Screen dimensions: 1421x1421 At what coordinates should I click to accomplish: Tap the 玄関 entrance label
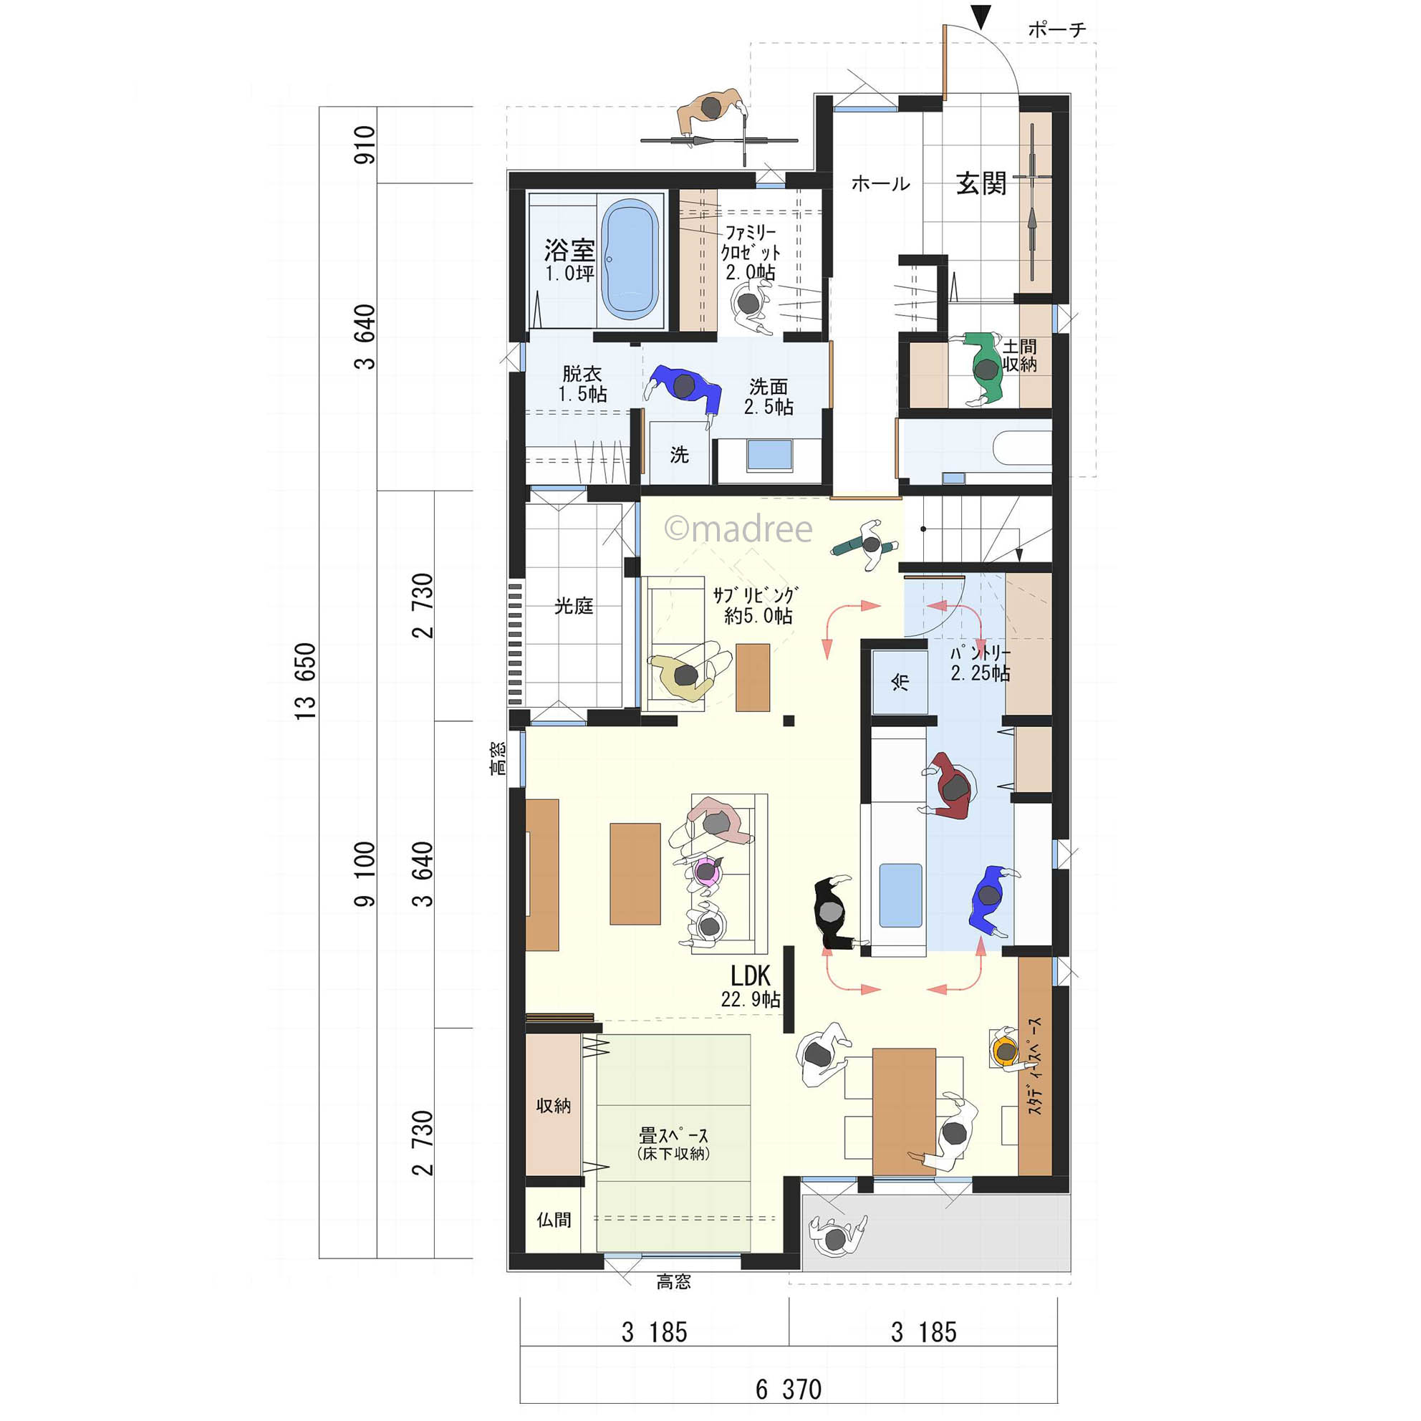point(981,184)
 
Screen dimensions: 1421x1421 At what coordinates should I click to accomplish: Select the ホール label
point(880,183)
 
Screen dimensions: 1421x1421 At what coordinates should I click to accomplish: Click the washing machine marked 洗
point(679,453)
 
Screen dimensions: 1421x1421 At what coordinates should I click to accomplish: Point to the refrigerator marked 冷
point(900,682)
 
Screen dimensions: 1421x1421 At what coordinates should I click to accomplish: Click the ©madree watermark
point(738,529)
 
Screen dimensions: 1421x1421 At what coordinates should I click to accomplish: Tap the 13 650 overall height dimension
point(305,681)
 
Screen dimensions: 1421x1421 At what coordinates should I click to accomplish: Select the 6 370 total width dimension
point(789,1389)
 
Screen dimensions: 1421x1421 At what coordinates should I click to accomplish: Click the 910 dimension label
point(364,144)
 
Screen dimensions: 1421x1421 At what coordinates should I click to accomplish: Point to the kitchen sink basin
point(900,895)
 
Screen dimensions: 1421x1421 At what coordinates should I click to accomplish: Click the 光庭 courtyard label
point(573,606)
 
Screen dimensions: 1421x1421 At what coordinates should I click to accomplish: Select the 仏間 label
point(553,1220)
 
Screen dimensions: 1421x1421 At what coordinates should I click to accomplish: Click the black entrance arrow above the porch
point(981,17)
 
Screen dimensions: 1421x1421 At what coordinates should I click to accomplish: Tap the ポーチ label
point(1056,29)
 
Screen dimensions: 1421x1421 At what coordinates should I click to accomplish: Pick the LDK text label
point(750,976)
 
